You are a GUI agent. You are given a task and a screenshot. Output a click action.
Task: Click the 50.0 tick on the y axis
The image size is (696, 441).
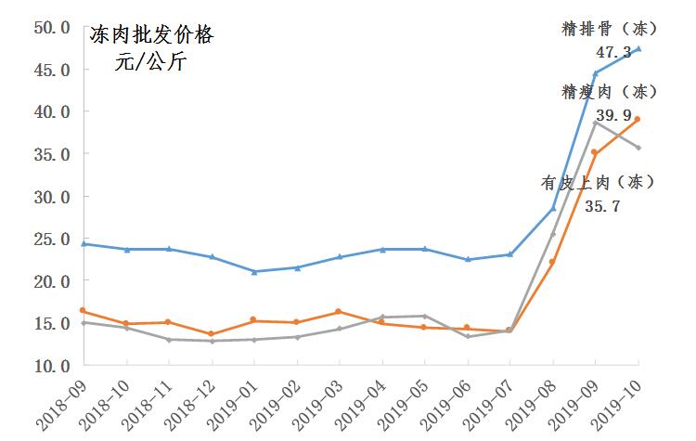click(52, 27)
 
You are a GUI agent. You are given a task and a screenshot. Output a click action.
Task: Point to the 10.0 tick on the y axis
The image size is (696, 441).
click(52, 366)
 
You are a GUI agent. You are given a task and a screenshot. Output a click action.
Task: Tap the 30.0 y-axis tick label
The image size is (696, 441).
click(52, 197)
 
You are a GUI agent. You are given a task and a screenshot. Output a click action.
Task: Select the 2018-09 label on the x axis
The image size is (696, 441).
click(58, 405)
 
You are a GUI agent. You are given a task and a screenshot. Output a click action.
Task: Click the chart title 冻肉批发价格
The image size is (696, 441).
click(150, 36)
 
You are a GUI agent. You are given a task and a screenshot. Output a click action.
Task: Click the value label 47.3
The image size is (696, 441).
click(613, 53)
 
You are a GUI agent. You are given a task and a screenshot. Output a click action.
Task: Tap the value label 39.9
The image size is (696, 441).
click(613, 116)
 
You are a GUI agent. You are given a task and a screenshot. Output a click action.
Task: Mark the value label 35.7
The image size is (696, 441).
click(602, 206)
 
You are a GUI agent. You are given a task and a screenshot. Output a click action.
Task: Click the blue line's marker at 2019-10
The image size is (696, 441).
click(638, 48)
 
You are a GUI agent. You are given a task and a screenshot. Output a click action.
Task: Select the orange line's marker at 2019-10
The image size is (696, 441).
click(638, 119)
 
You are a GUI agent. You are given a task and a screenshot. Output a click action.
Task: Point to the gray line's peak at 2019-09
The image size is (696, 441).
click(596, 123)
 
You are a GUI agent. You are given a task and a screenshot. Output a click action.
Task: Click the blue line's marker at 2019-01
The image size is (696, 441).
click(255, 271)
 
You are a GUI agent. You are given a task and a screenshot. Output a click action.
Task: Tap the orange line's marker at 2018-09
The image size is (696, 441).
click(84, 310)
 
